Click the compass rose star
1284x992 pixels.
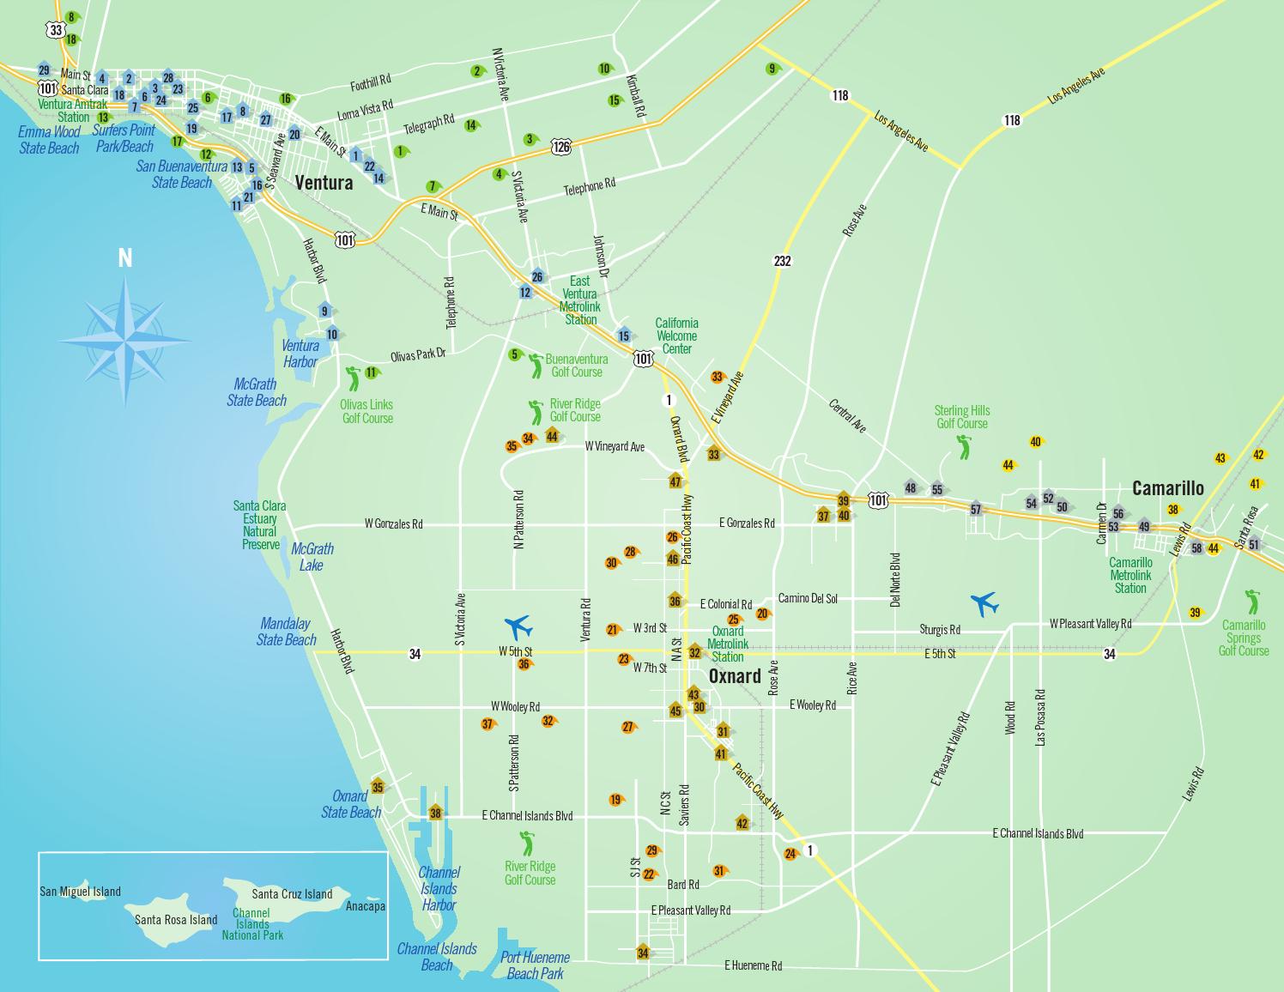point(125,341)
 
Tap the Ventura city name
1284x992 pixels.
point(324,183)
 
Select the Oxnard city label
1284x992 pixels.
point(734,676)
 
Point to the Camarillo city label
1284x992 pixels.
point(1167,488)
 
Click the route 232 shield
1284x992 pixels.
point(782,261)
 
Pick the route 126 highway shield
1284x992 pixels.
point(561,147)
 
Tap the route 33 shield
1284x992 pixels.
point(57,30)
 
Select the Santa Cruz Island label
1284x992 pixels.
point(292,894)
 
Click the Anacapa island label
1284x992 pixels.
point(365,906)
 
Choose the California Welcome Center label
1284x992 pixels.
point(676,336)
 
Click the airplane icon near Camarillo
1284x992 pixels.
point(984,603)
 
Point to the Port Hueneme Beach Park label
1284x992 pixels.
point(535,965)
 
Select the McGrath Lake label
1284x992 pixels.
point(312,557)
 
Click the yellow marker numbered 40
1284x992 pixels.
point(1035,442)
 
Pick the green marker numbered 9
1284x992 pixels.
point(772,69)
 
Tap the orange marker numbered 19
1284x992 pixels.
point(615,800)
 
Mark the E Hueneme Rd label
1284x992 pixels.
point(753,965)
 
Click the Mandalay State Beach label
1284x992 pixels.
point(286,632)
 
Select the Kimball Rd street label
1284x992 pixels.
point(635,96)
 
